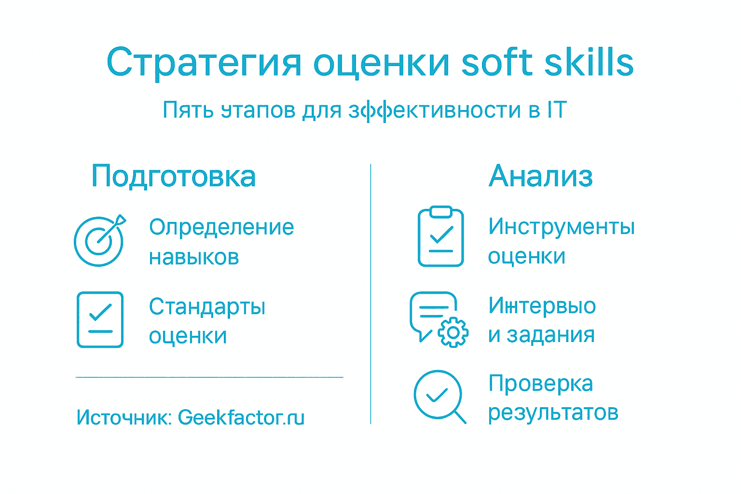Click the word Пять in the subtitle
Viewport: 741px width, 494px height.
188,110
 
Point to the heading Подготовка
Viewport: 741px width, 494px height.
174,176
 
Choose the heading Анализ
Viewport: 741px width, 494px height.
540,176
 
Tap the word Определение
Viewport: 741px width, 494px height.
221,227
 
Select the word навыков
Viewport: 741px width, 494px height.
194,257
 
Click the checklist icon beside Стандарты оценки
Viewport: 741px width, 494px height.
100,319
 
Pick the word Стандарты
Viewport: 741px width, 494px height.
207,307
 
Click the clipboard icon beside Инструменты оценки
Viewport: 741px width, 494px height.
441,237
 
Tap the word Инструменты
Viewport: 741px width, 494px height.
561,227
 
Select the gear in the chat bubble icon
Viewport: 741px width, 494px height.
453,332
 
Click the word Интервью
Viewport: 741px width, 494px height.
542,306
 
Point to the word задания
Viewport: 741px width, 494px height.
550,335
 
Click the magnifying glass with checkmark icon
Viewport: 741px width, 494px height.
439,396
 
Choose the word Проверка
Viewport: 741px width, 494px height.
540,384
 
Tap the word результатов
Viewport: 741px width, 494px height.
553,413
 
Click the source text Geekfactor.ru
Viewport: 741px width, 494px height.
241,418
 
